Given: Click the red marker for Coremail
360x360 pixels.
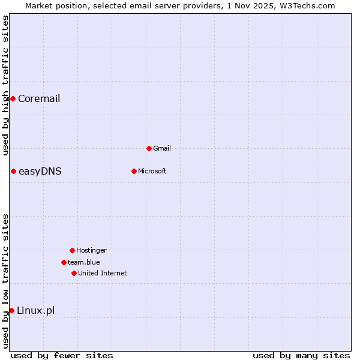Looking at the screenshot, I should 13,98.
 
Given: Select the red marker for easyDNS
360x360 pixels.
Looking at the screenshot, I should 13,171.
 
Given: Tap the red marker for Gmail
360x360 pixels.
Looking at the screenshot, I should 149,148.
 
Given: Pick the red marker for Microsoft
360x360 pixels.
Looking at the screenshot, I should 134,171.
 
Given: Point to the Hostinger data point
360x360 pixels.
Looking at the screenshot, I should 72,250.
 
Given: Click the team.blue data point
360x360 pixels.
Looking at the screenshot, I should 64,262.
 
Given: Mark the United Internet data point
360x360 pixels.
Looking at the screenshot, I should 74,273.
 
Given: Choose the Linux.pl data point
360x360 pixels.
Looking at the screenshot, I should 11,310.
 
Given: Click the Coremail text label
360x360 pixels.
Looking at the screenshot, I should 39,99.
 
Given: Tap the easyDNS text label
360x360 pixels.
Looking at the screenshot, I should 40,172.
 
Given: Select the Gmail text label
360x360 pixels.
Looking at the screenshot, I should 162,149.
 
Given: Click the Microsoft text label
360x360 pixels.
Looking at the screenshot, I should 152,172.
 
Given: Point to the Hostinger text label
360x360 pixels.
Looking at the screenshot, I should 91,251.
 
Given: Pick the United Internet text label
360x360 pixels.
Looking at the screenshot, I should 102,274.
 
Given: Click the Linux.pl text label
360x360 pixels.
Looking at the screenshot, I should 35,311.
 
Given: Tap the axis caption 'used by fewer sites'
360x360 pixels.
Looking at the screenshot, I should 62,355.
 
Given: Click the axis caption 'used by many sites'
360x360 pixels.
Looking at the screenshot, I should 301,355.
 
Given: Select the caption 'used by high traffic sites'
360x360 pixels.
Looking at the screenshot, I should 5,85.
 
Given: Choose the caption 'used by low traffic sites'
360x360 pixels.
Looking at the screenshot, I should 5,280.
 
